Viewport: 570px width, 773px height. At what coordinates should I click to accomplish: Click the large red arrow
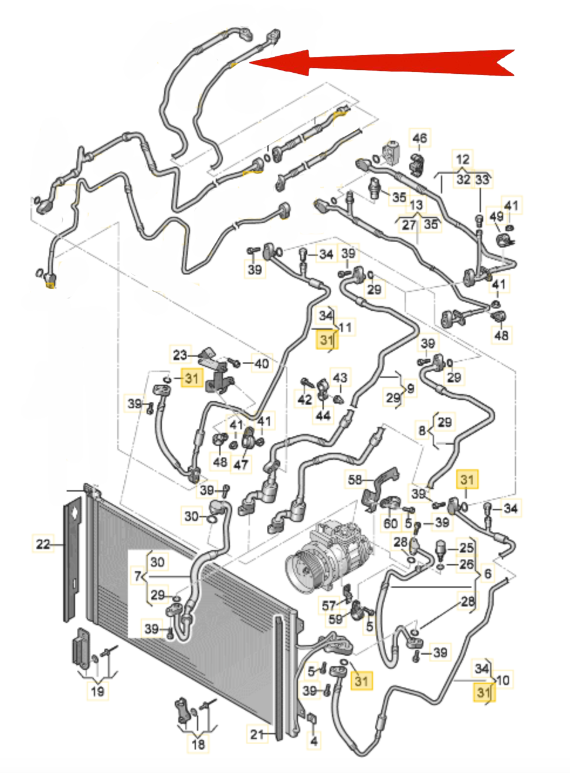(x=381, y=63)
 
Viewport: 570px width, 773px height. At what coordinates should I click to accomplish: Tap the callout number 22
(x=43, y=544)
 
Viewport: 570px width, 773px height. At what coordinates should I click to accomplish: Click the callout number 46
(x=419, y=138)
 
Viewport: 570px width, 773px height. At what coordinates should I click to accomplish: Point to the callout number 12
(x=463, y=159)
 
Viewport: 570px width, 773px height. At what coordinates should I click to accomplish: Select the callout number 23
(x=180, y=355)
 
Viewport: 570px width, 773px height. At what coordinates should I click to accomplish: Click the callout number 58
(x=355, y=479)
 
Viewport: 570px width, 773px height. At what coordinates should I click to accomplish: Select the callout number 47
(x=241, y=464)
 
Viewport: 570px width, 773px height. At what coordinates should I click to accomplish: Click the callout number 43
(x=340, y=378)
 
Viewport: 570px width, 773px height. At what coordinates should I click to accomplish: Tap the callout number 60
(x=390, y=524)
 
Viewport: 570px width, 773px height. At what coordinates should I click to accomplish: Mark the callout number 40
(x=262, y=363)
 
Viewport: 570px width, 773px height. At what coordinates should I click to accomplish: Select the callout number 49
(x=497, y=216)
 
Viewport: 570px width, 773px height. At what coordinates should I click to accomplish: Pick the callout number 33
(x=483, y=179)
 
